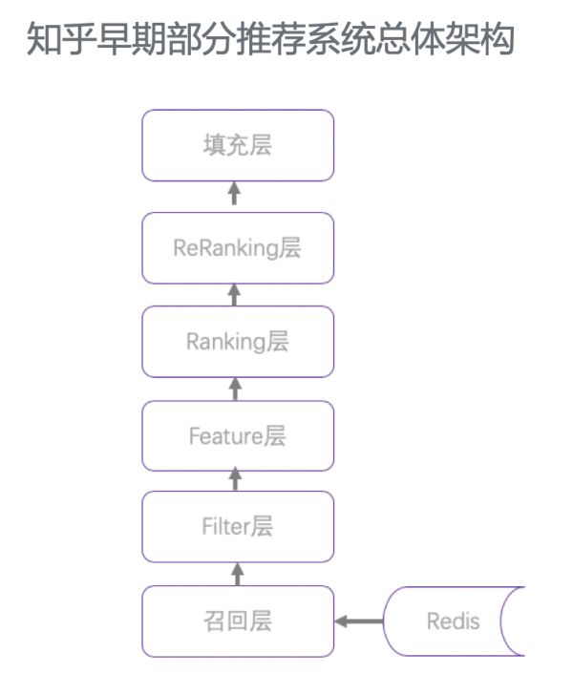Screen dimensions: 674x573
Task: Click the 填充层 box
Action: coord(238,145)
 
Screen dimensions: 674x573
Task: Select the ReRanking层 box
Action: coord(238,248)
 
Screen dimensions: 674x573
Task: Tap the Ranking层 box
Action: coord(238,342)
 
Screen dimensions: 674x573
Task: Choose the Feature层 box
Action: coord(238,436)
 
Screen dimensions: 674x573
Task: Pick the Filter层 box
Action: coord(238,526)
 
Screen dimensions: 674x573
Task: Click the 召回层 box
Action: coord(238,621)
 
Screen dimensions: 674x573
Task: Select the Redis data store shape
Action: coord(455,621)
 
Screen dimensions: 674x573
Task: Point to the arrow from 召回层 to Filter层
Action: coord(238,574)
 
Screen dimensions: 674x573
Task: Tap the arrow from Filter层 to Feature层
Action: coord(238,480)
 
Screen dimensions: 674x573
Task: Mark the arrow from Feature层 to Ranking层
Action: coord(238,389)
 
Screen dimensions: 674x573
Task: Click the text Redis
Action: coord(453,621)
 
